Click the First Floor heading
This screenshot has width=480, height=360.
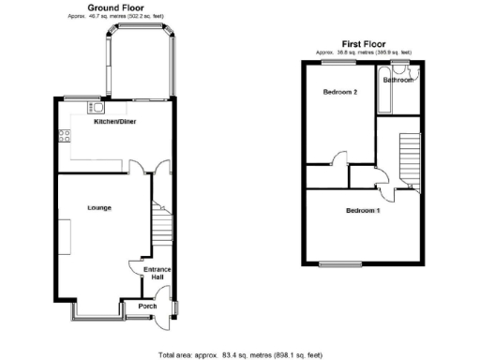[x=364, y=43]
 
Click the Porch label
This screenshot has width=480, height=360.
[x=147, y=307]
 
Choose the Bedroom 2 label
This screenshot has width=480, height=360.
[x=339, y=92]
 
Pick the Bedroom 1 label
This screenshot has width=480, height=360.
[x=363, y=211]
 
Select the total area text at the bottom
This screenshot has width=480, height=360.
[x=240, y=354]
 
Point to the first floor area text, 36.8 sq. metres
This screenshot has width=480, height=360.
[x=364, y=52]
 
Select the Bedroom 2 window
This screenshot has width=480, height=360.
[x=332, y=62]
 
